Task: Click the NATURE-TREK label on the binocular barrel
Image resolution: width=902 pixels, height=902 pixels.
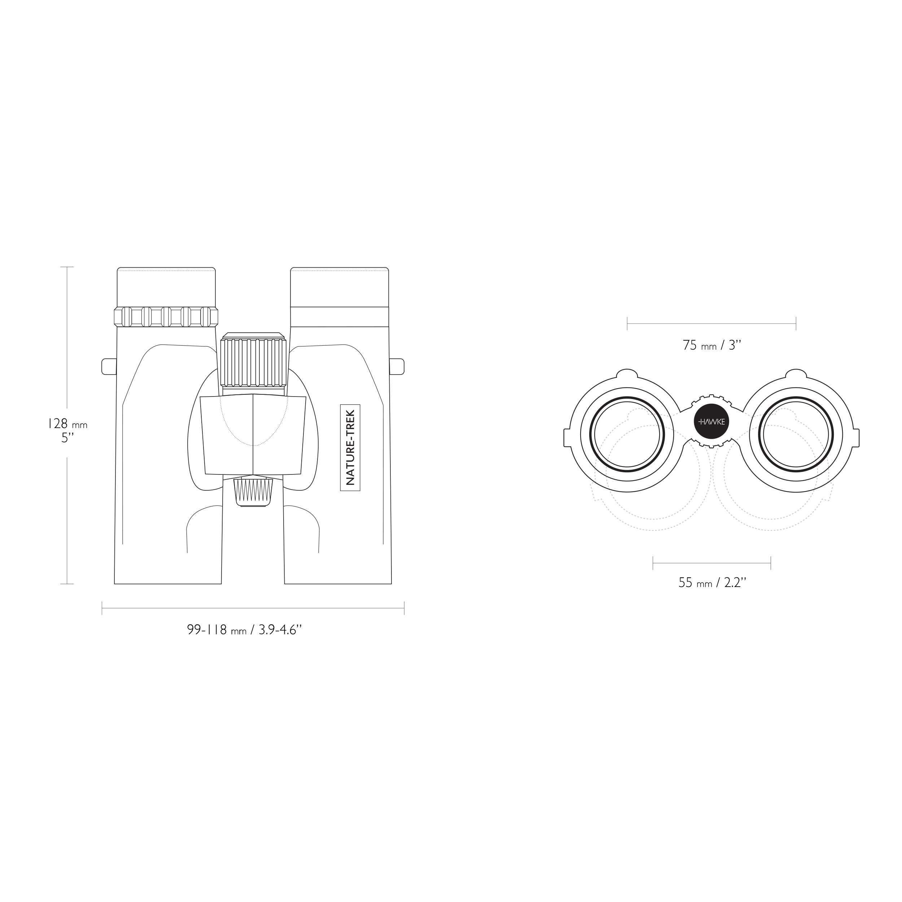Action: point(350,448)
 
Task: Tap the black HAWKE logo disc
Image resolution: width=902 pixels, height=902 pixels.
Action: point(711,421)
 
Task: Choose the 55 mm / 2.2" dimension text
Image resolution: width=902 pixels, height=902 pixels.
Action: point(712,582)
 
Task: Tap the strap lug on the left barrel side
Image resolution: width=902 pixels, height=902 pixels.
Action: point(109,366)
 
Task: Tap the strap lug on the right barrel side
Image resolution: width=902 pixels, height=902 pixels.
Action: point(397,366)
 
